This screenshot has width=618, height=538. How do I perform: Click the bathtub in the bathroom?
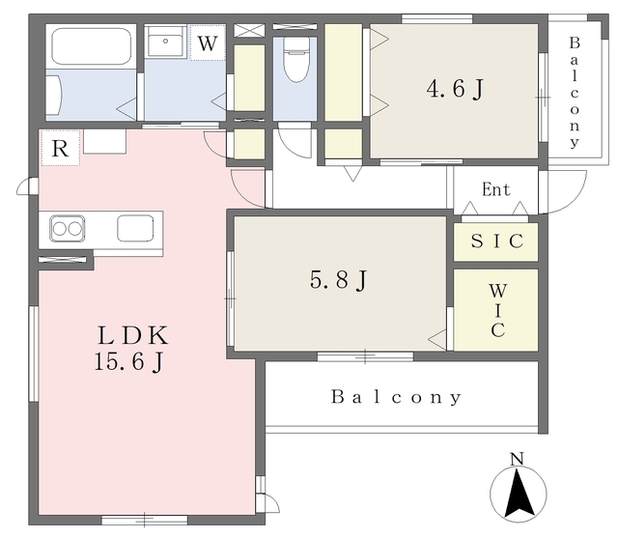click(x=91, y=46)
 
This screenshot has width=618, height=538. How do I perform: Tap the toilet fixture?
click(x=296, y=60)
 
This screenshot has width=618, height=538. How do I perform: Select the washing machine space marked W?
click(x=208, y=42)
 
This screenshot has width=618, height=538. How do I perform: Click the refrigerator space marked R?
click(x=60, y=148)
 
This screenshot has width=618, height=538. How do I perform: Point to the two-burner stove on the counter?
click(x=67, y=229)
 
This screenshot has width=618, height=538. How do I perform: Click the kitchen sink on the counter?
click(x=135, y=228)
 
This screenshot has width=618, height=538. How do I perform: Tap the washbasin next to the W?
click(x=165, y=42)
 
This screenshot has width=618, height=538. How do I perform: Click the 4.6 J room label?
click(x=455, y=89)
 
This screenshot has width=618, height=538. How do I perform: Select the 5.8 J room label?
click(x=339, y=280)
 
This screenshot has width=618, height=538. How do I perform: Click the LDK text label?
click(x=133, y=335)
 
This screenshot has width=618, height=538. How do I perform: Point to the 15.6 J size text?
click(x=128, y=361)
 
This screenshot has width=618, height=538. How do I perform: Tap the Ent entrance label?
click(x=495, y=189)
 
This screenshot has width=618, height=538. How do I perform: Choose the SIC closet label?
click(x=497, y=241)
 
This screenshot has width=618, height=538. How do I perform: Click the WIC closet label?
click(x=498, y=311)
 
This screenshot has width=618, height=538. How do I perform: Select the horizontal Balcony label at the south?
click(x=396, y=397)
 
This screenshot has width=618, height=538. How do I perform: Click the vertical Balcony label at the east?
click(x=575, y=93)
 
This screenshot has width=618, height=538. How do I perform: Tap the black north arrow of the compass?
click(x=520, y=493)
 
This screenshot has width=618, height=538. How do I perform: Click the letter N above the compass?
click(x=518, y=459)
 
